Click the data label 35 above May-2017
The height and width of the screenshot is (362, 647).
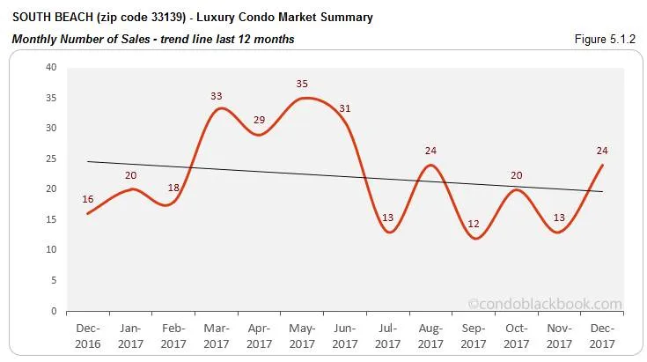pos(303,84)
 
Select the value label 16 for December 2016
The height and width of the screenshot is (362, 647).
pos(88,199)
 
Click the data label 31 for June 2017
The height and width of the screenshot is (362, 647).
pos(344,108)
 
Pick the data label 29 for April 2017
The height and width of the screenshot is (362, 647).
pos(259,120)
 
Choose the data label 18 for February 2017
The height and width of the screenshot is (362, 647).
pos(173,188)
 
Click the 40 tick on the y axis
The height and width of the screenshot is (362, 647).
pos(51,67)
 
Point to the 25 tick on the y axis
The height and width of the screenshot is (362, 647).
pos(51,159)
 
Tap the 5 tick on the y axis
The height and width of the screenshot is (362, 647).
pos(54,280)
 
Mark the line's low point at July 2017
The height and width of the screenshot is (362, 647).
pos(387,232)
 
